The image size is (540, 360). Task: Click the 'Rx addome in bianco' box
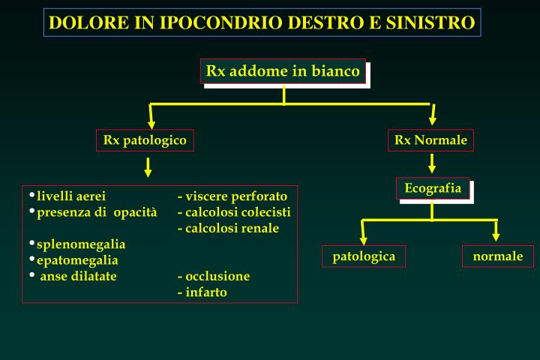coord(283,71)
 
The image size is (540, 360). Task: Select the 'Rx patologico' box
coord(145,140)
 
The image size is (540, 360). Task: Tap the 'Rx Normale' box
coord(431,140)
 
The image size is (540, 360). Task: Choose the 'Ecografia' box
coord(433,188)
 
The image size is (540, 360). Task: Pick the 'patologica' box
coord(364,256)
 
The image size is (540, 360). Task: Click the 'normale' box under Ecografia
coord(498,256)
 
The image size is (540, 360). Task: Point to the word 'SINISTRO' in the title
coord(432,22)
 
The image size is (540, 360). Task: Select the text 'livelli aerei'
coord(71,196)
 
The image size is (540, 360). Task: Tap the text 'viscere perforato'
coord(236,196)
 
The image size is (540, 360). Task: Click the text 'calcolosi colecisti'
coord(238,212)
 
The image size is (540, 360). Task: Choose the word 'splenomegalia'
coord(81,244)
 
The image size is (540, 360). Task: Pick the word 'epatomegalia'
coord(77,260)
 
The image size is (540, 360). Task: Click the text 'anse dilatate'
coord(78,276)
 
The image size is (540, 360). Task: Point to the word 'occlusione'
coord(217,276)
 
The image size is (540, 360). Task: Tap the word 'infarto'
coord(206,292)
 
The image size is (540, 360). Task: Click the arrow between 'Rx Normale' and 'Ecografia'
coord(433,163)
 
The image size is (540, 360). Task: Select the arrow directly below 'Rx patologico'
coord(148,166)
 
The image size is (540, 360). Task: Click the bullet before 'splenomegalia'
coord(32,243)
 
